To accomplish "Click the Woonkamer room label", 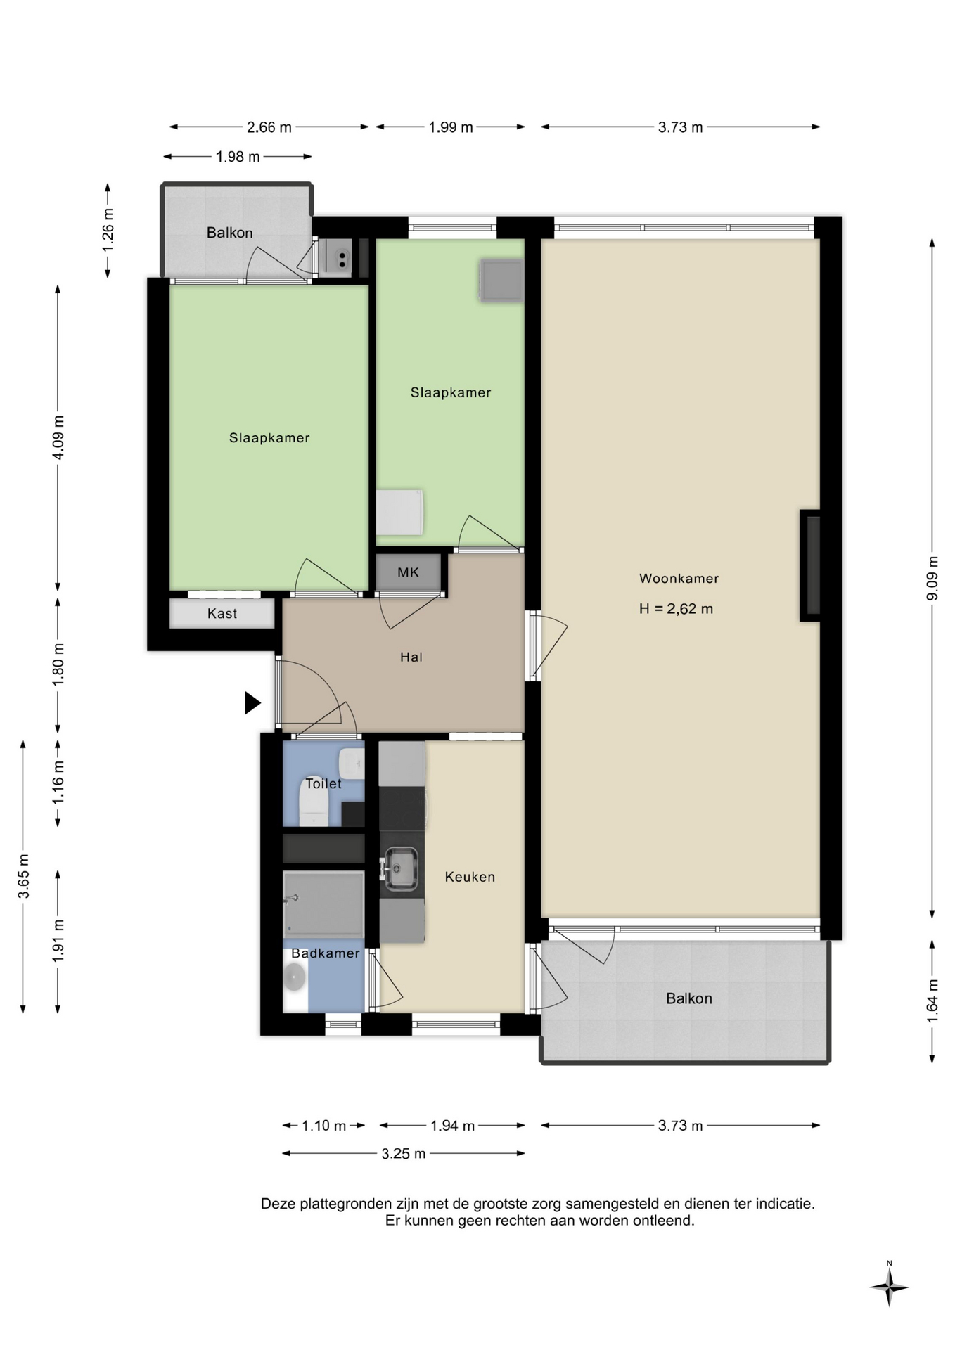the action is [x=679, y=579].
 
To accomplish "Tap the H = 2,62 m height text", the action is [x=676, y=609].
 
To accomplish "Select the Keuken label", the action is [x=470, y=877].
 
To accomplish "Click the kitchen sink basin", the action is [x=400, y=868].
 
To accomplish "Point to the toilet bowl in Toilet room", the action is [x=314, y=804].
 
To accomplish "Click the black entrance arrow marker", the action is [x=252, y=702].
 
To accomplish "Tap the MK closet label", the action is [x=408, y=572].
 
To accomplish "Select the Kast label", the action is [x=222, y=614].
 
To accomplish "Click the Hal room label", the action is [x=411, y=657].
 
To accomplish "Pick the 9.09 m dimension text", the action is [x=932, y=578].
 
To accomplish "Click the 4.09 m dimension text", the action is [x=58, y=437].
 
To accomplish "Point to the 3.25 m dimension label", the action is [x=404, y=1154].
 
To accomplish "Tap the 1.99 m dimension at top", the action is [x=451, y=127].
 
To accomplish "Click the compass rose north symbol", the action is [x=889, y=1287].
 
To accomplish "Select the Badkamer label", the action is [x=325, y=953].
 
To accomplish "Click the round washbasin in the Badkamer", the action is [x=295, y=977].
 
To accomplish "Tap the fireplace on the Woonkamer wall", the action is [x=810, y=565].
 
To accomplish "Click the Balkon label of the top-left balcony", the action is [x=229, y=233].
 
